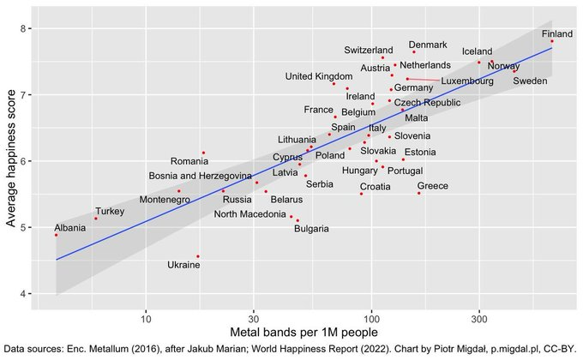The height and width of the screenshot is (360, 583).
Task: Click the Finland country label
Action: tap(558, 34)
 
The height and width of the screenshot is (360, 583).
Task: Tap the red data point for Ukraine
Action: tap(198, 256)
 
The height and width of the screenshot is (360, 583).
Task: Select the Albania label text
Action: tap(70, 227)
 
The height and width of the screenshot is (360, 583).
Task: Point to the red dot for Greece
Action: tap(419, 193)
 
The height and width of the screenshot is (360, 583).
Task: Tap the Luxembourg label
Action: tap(467, 81)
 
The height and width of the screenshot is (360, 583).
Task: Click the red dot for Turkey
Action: tap(95, 219)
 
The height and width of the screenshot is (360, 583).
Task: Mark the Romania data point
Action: tap(203, 153)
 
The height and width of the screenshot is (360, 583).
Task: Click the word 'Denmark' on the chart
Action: tap(428, 45)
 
